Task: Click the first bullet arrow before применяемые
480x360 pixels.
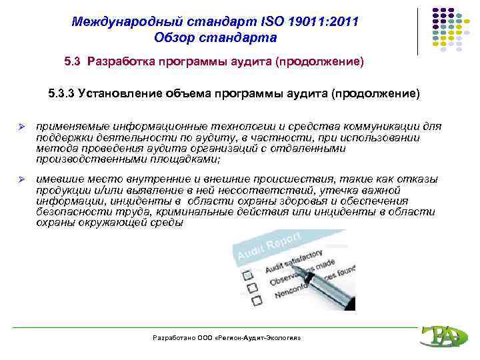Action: coord(21,126)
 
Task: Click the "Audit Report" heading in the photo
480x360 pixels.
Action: coord(267,247)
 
